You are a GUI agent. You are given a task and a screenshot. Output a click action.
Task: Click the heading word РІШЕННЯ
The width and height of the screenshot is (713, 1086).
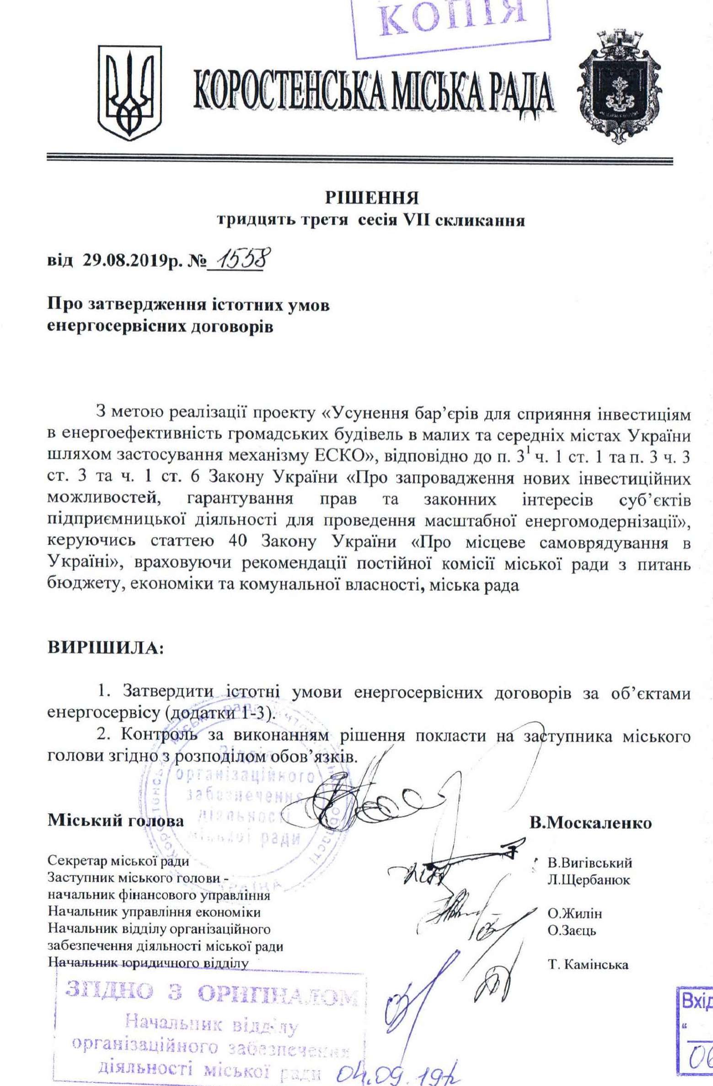(371, 198)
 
